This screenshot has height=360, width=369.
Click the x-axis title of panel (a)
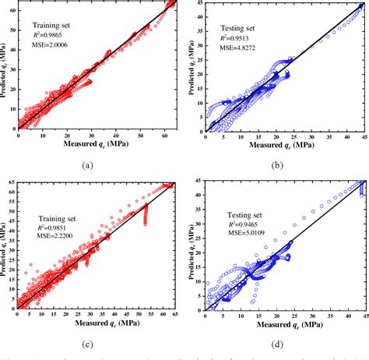97,145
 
